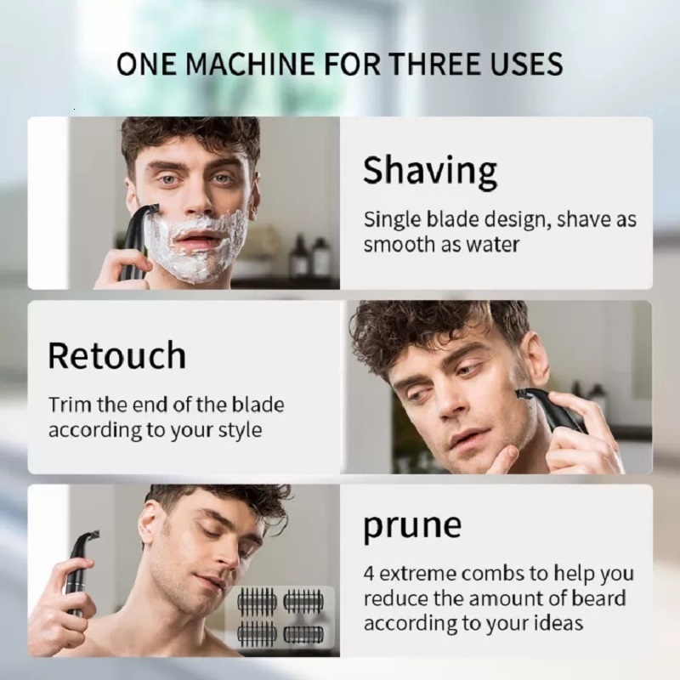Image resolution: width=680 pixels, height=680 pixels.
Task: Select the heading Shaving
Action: coord(429,171)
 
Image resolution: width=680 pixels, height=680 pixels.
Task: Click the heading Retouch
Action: coord(116,355)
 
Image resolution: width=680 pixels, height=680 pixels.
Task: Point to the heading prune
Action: coord(412,526)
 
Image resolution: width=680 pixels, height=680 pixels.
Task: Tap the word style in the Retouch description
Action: coord(235,429)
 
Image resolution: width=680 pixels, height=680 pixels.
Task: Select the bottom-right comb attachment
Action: coord(302,633)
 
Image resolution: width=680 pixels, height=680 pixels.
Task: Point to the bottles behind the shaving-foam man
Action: coord(309,256)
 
